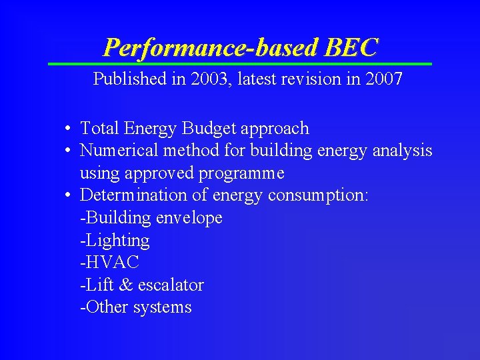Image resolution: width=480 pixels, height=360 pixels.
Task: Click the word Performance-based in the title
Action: point(211,47)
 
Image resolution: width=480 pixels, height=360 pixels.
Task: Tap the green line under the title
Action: point(240,64)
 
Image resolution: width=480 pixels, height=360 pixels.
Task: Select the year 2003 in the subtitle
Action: point(207,79)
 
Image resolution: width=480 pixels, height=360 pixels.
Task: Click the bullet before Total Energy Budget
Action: point(69,129)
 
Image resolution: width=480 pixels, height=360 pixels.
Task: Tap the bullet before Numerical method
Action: point(69,151)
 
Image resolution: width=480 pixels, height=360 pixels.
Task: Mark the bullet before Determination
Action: point(69,196)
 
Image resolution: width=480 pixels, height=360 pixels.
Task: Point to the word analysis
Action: point(403,151)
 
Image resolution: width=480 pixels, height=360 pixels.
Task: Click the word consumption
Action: point(318,196)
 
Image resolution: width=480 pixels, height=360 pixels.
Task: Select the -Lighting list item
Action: point(115,241)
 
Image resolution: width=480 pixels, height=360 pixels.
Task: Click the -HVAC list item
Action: point(109,263)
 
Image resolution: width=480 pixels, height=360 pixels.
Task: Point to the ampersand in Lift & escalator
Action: point(125,285)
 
